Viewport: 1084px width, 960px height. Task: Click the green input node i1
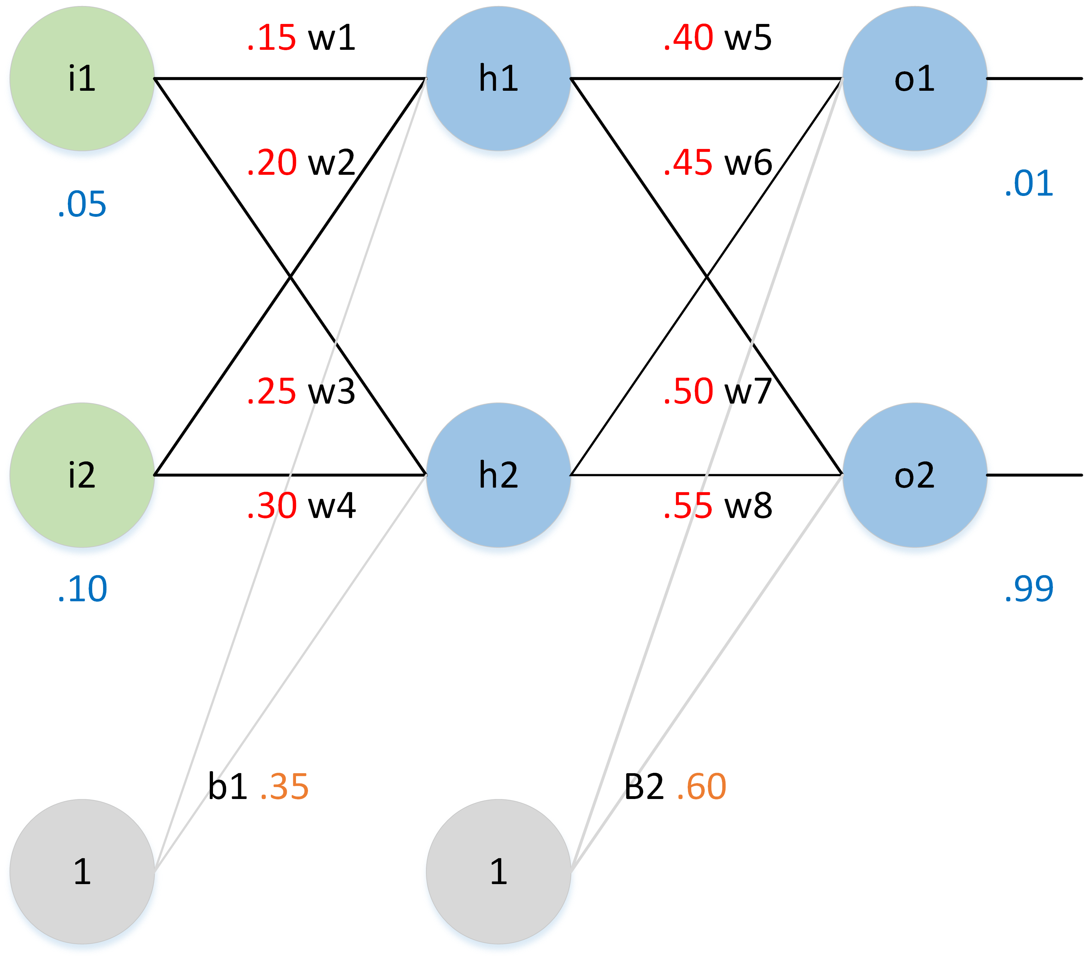pyautogui.click(x=82, y=78)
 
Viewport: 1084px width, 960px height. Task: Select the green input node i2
pyautogui.click(x=82, y=475)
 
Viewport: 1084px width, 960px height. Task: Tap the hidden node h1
pyautogui.click(x=498, y=78)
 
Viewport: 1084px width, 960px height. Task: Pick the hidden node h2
pyautogui.click(x=498, y=475)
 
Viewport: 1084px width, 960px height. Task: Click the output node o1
pyautogui.click(x=915, y=78)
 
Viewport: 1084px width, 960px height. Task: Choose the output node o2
pyautogui.click(x=915, y=475)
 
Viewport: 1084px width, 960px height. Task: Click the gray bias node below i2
pyautogui.click(x=82, y=871)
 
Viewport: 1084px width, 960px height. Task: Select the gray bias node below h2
pyautogui.click(x=498, y=871)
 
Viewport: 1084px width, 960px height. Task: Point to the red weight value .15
pyautogui.click(x=272, y=38)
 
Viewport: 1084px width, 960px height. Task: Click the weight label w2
pyautogui.click(x=331, y=163)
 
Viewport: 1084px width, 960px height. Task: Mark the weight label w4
pyautogui.click(x=331, y=506)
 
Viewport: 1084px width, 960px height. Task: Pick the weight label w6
pyautogui.click(x=748, y=163)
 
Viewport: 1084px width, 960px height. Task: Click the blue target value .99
pyautogui.click(x=1029, y=589)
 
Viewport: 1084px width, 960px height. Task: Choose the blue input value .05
pyautogui.click(x=82, y=205)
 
